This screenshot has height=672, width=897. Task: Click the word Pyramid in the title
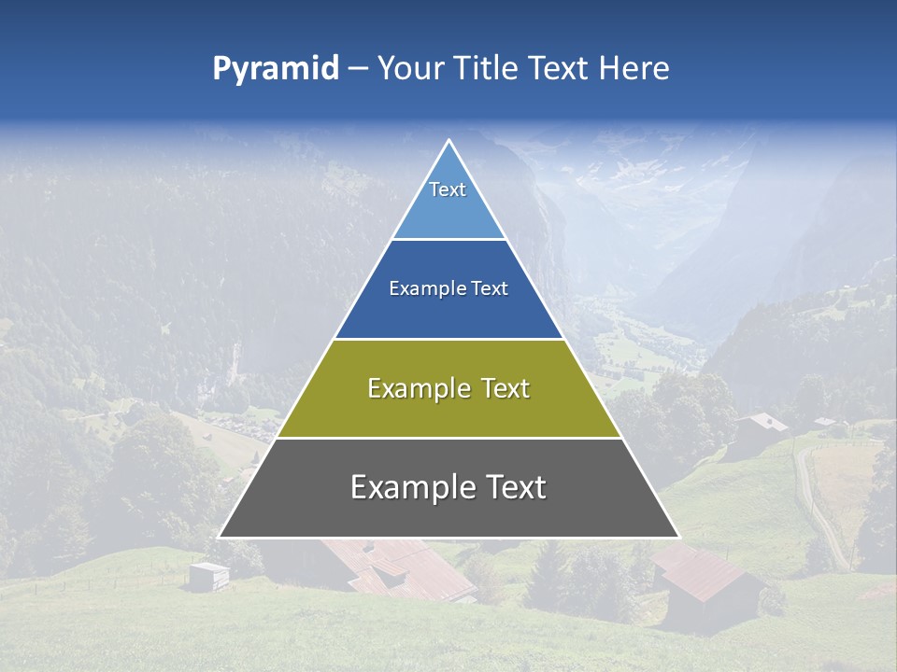coord(276,69)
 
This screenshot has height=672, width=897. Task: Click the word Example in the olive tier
coord(417,388)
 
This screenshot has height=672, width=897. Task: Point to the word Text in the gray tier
coord(510,487)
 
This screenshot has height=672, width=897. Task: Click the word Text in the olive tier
coord(506,388)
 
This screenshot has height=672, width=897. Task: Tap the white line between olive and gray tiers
coord(448,438)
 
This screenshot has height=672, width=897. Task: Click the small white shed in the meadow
coord(207,575)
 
